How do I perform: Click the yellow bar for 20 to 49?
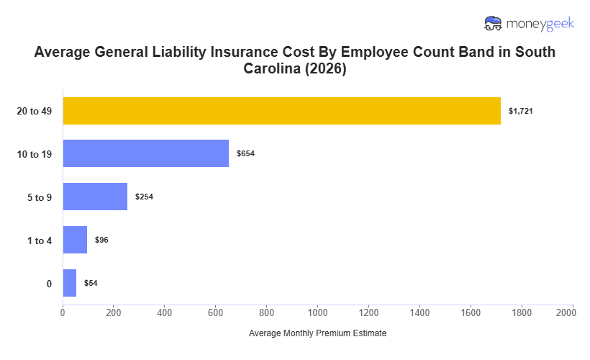coord(281,111)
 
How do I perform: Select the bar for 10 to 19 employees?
coord(145,153)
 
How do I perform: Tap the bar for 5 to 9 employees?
coord(95,197)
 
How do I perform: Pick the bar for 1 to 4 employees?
coord(75,240)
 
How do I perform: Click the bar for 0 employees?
coord(70,283)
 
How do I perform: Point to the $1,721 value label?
coord(520,111)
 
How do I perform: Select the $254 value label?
coord(144,197)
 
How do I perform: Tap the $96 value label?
coord(101,240)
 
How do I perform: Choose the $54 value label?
coord(91,283)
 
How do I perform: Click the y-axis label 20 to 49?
coord(35,111)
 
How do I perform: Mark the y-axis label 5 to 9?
coord(40,197)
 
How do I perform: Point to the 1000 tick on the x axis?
coord(318,312)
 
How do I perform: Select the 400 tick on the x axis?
coord(165,312)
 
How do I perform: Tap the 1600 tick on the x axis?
coord(471,312)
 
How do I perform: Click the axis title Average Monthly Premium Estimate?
coord(317,334)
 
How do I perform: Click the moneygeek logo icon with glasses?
coord(494,23)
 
